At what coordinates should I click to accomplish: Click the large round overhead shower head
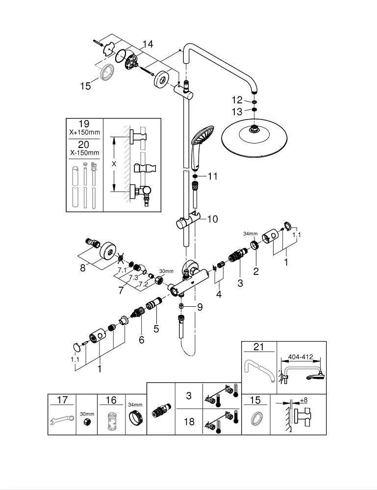[x=253, y=137]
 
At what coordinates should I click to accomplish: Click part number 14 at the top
[x=148, y=44]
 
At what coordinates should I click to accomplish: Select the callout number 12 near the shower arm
[x=238, y=100]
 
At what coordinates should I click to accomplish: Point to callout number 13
[x=238, y=112]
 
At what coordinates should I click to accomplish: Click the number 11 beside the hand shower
[x=212, y=176]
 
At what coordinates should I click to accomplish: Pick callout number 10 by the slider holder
[x=212, y=219]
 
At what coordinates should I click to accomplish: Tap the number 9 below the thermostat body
[x=200, y=307]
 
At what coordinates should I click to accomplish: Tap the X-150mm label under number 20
[x=84, y=152]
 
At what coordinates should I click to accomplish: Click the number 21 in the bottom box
[x=258, y=347]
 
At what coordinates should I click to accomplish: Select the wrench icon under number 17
[x=62, y=420]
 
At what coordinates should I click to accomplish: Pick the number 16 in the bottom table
[x=111, y=400]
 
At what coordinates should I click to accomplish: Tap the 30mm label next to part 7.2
[x=167, y=271]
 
